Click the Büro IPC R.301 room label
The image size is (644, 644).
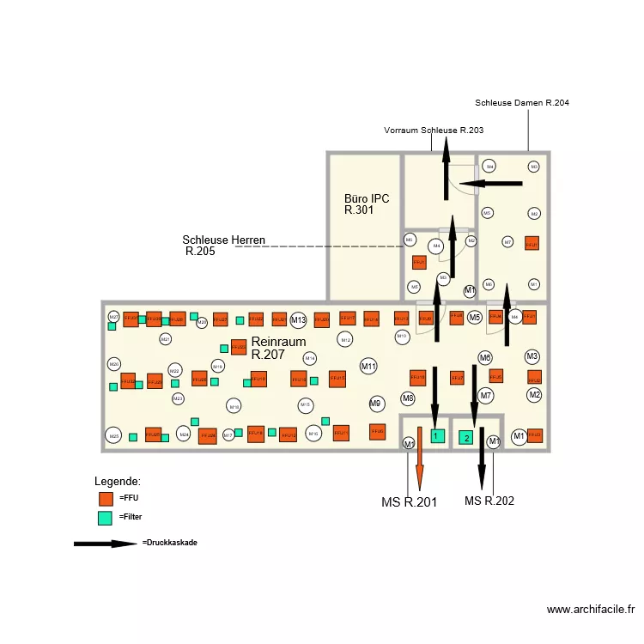tap(366, 204)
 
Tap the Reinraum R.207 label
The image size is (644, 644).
tap(278, 348)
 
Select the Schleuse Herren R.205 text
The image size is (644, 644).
tap(223, 246)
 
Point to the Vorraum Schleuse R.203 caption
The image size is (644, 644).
tap(434, 131)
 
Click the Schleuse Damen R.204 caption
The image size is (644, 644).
tap(521, 103)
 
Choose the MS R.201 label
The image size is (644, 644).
tap(409, 502)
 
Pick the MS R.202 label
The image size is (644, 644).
tap(489, 501)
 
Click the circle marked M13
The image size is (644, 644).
tap(298, 320)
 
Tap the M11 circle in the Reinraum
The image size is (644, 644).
tap(368, 367)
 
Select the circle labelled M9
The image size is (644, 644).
tap(375, 403)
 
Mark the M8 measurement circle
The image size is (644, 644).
tap(408, 398)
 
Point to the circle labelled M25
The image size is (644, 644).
tap(112, 436)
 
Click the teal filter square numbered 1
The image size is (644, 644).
tap(437, 436)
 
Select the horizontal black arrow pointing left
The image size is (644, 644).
tap(489, 183)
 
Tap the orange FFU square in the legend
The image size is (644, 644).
tap(106, 498)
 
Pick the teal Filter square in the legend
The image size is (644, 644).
tap(106, 518)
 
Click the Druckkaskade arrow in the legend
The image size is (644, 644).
tap(105, 544)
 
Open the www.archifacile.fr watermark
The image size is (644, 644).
tap(591, 610)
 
